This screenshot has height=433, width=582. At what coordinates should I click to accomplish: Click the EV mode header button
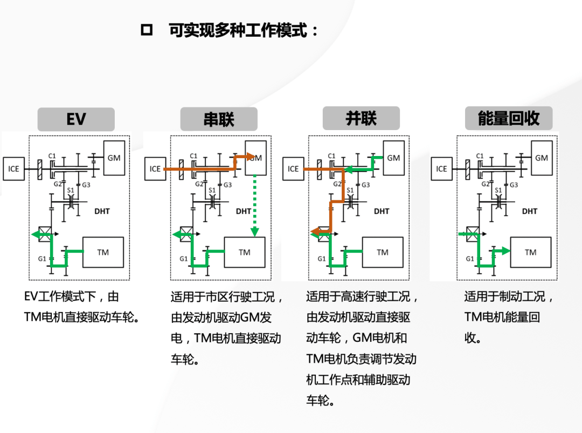click(x=76, y=119)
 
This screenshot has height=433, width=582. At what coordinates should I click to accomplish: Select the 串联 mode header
click(x=219, y=119)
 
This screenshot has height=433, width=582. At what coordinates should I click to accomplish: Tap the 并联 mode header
click(x=361, y=118)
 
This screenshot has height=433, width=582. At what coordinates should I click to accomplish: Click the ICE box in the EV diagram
click(x=13, y=169)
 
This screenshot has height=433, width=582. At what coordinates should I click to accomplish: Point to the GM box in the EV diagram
click(x=114, y=158)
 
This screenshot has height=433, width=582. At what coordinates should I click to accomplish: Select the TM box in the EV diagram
click(x=103, y=252)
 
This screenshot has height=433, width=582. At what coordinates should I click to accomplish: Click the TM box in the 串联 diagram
click(x=245, y=252)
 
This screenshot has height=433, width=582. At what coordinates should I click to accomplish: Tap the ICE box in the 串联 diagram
click(x=155, y=169)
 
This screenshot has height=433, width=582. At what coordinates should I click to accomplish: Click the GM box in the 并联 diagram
click(x=393, y=158)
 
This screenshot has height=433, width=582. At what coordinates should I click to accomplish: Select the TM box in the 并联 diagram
click(x=383, y=252)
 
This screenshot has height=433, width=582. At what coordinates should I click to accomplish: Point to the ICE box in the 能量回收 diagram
click(x=441, y=169)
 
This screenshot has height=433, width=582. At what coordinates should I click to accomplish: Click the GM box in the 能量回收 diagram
click(x=542, y=158)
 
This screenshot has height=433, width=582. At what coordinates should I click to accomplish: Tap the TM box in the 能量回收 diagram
click(x=531, y=252)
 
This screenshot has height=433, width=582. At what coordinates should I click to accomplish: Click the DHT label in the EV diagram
click(x=102, y=211)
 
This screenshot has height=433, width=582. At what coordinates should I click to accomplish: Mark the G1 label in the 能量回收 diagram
click(x=470, y=259)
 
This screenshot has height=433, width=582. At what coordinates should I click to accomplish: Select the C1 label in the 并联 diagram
click(x=331, y=157)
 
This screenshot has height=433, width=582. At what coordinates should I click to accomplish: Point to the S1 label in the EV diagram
click(x=70, y=190)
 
